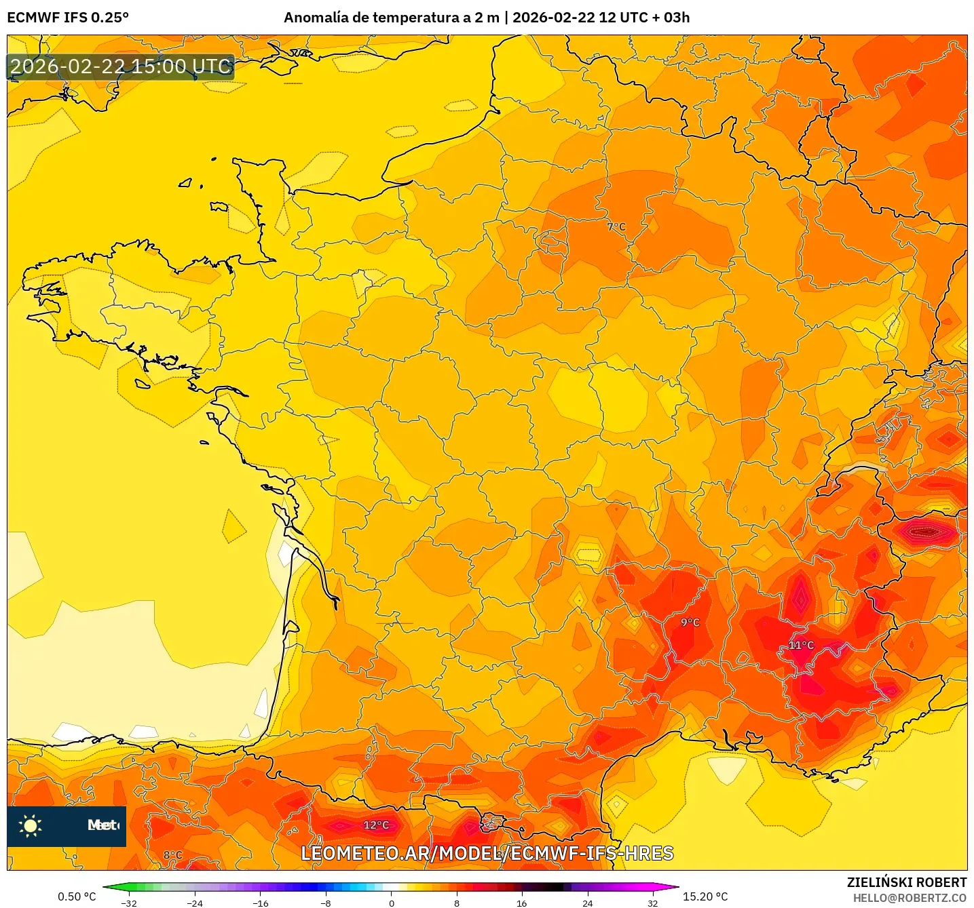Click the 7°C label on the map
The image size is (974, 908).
tap(616, 226)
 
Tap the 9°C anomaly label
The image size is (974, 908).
tap(690, 622)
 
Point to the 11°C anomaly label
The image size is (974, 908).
tap(800, 645)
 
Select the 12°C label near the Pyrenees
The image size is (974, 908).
tap(376, 825)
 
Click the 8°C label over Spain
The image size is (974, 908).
tap(173, 855)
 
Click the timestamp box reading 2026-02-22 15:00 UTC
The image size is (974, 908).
tap(121, 66)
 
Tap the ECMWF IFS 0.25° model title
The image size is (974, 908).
tap(68, 18)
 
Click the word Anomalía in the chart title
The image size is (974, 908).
tap(316, 18)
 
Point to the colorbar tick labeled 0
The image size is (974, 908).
tap(392, 903)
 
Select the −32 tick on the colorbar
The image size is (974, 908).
tap(128, 903)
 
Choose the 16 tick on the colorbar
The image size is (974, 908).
tap(521, 903)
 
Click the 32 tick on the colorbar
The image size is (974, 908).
tap(652, 903)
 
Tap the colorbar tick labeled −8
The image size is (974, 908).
tap(326, 903)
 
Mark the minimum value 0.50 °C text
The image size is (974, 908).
tap(77, 896)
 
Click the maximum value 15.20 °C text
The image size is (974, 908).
tap(705, 896)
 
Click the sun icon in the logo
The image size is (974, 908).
tap(31, 825)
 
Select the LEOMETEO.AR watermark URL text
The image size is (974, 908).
tap(487, 853)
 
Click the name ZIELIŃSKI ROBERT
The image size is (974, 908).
tap(906, 882)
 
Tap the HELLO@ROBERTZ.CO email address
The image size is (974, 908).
tap(910, 898)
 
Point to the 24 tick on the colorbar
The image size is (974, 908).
tap(587, 903)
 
